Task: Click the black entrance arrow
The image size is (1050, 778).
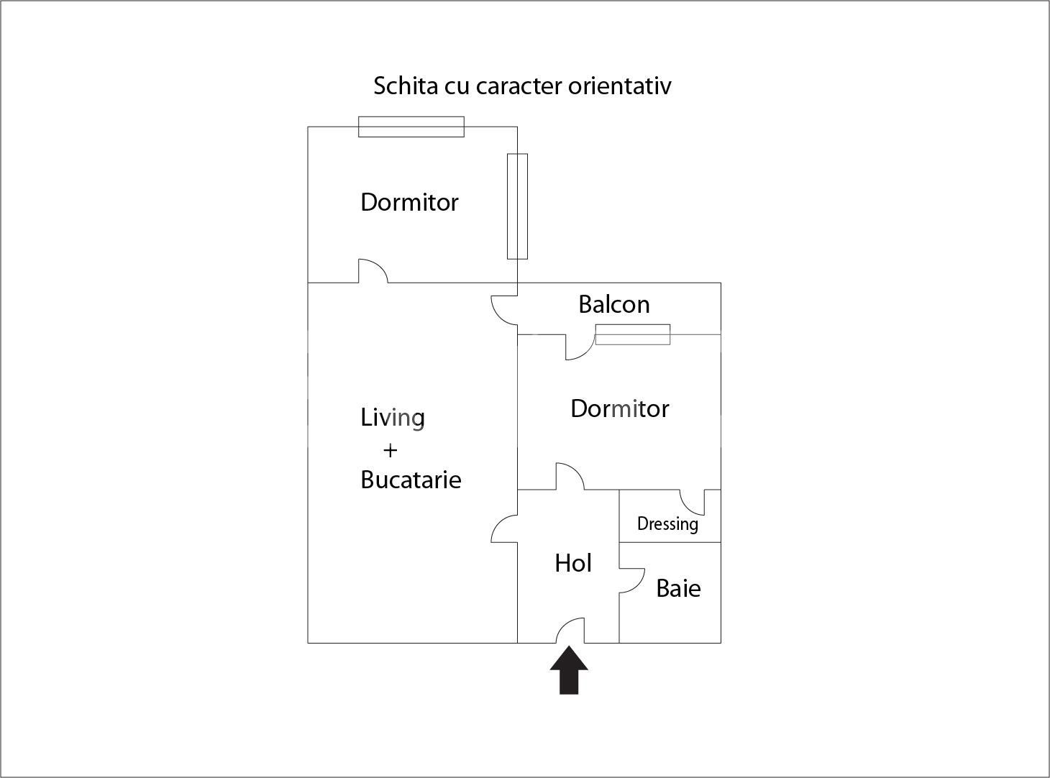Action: (x=569, y=671)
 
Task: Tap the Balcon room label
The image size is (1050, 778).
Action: (x=613, y=305)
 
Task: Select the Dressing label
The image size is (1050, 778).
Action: (x=667, y=523)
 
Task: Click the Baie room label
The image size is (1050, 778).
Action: (x=678, y=589)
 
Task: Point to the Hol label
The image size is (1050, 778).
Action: (x=573, y=563)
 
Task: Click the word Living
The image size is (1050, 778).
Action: (x=393, y=418)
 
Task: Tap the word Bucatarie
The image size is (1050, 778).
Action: (x=411, y=480)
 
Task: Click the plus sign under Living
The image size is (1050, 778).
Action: (x=390, y=451)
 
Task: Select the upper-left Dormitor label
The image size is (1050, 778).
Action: (x=409, y=203)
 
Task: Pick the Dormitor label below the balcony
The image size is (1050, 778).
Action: (x=619, y=409)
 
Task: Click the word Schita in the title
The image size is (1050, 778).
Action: (x=406, y=86)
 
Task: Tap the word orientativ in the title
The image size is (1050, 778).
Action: (x=619, y=86)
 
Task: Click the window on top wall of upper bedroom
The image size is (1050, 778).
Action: (x=411, y=127)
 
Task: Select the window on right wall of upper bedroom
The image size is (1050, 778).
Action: (x=517, y=206)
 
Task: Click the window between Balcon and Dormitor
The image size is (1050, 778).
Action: (x=633, y=334)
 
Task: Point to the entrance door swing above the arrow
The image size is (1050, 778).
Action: (x=570, y=631)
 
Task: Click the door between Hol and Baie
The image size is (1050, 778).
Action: (x=631, y=580)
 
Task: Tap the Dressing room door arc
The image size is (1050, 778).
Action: (x=692, y=501)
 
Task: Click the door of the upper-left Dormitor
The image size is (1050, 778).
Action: (x=373, y=271)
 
